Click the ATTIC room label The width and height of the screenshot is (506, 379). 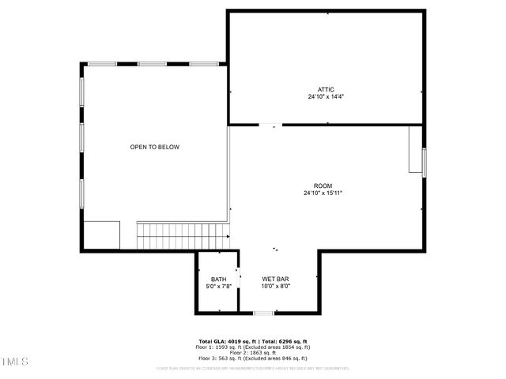326,89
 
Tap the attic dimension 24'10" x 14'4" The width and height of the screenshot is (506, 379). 326,97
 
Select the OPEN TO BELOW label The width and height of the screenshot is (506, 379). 155,148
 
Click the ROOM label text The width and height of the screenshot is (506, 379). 323,186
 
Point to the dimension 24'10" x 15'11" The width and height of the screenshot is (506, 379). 323,193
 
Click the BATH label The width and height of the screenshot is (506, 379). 218,280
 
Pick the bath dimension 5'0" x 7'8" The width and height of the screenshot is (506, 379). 218,287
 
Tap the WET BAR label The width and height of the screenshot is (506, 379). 276,280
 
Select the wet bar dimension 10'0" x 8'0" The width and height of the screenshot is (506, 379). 276,287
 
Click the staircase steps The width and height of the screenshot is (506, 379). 183,235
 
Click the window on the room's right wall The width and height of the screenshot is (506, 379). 425,162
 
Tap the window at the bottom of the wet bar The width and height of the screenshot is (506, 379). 263,313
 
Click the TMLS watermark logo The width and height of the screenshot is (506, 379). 13,362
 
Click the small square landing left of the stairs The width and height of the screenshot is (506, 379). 102,235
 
